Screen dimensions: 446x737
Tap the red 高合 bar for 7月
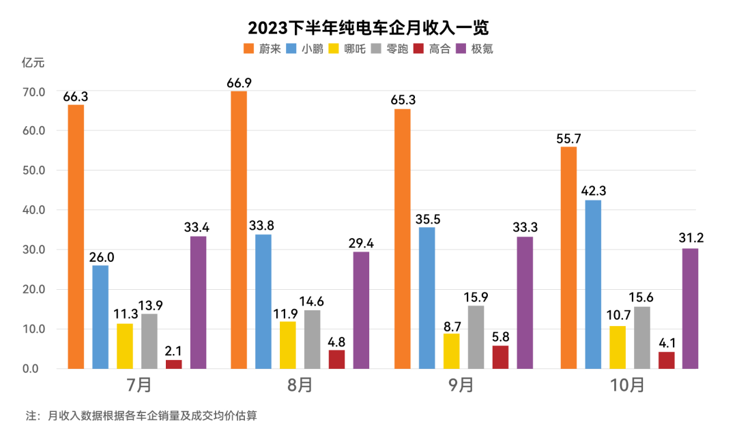(x=174, y=364)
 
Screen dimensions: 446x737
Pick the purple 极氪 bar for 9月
(x=525, y=303)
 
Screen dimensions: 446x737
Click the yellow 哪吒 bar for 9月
(x=452, y=351)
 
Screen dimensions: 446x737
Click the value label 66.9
(x=239, y=83)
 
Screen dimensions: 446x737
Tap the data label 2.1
(x=174, y=351)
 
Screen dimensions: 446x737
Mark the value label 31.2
(x=691, y=239)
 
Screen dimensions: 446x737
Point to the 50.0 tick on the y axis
(x=33, y=170)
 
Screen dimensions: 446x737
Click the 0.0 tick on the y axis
(x=33, y=369)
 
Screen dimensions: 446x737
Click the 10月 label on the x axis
(x=628, y=385)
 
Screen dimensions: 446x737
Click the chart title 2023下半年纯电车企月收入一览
(x=369, y=28)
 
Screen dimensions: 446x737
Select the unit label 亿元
(x=33, y=63)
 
